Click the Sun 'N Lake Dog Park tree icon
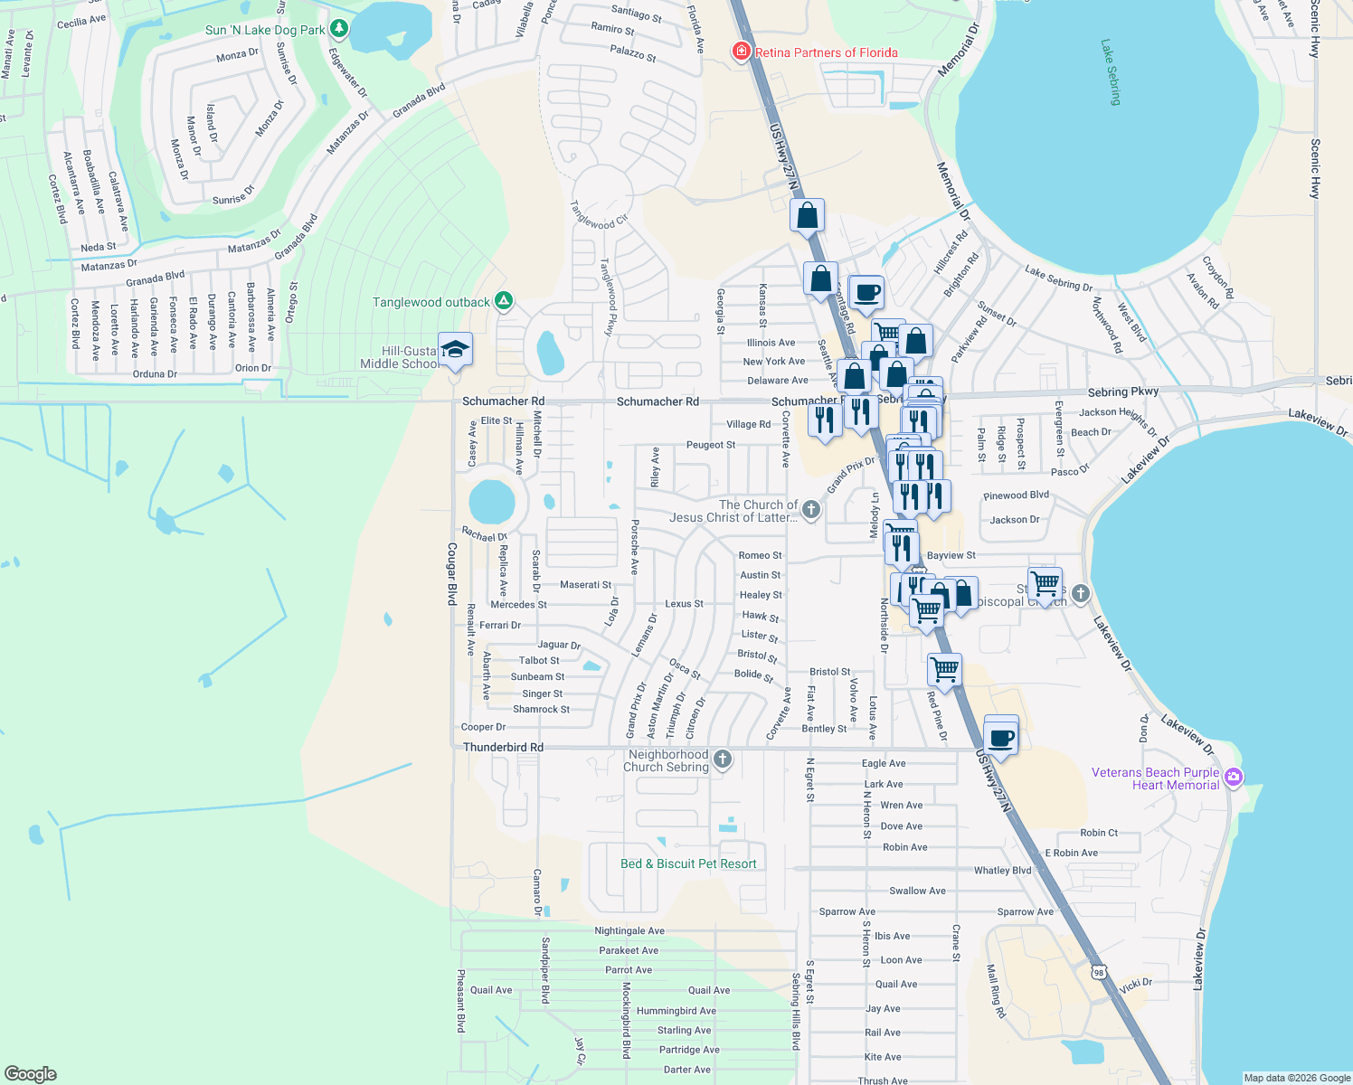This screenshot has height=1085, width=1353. coord(339,29)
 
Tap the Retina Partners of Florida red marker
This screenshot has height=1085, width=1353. coord(742,52)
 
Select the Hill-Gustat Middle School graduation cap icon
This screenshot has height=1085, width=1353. coord(455,349)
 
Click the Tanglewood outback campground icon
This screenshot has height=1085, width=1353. coord(505,302)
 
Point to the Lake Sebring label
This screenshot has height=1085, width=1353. coord(1111,72)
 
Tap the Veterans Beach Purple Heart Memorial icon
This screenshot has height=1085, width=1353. coord(1234,778)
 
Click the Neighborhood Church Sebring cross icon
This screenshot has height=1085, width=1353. coord(722,759)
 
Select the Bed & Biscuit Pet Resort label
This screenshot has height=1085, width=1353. coord(688,863)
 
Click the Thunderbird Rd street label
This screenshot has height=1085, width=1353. coord(503,748)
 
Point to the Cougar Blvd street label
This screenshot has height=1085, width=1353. coord(452,573)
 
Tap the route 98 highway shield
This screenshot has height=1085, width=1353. coord(1098,972)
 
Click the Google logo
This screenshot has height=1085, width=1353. coord(31,1073)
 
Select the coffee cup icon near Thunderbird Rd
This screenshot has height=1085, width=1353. coord(1000,738)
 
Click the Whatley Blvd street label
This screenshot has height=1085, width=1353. coord(1002,871)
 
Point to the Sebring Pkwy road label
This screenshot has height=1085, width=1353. coord(1122,392)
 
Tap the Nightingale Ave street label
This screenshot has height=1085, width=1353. coord(629,930)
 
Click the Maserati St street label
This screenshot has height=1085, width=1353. coord(585,585)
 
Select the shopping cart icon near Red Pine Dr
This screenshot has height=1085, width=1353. coord(944,670)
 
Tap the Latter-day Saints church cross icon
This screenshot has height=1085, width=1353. coord(811,510)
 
